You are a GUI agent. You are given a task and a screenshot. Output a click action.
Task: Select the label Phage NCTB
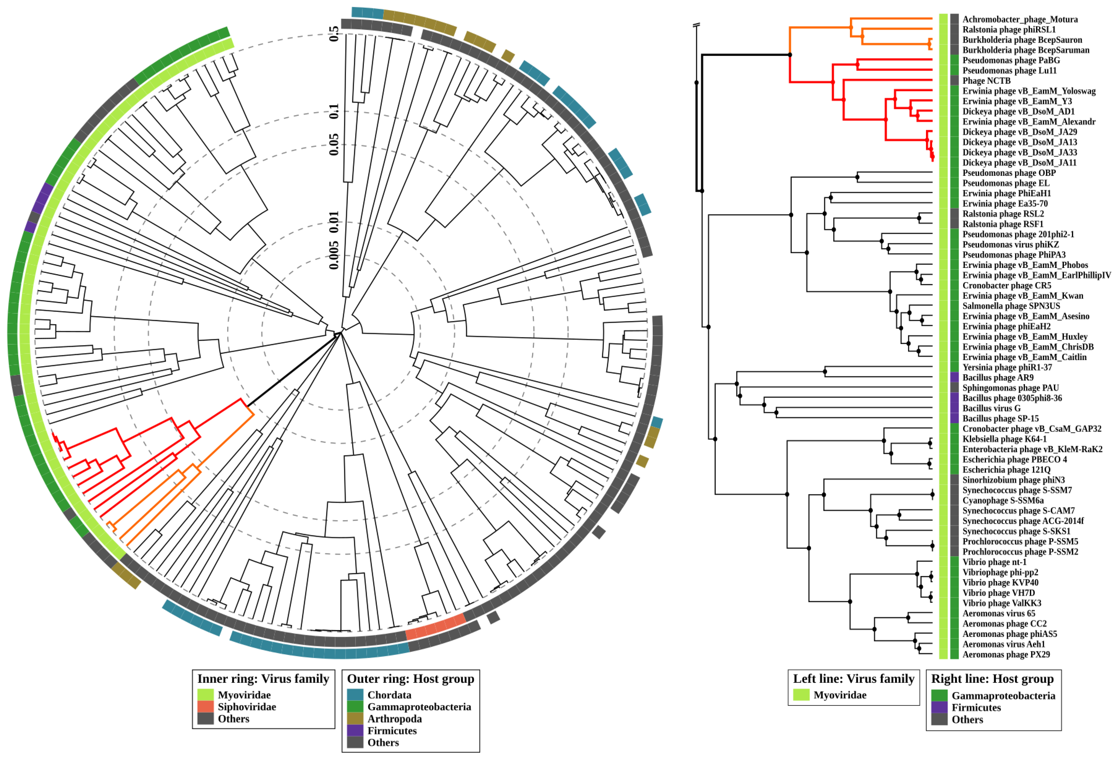pyautogui.click(x=986, y=81)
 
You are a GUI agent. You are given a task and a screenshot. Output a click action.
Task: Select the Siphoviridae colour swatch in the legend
pyautogui.click(x=205, y=707)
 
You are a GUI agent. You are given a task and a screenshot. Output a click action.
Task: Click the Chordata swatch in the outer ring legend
pyautogui.click(x=355, y=695)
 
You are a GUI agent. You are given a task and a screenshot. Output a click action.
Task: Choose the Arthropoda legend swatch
pyautogui.click(x=355, y=718)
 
